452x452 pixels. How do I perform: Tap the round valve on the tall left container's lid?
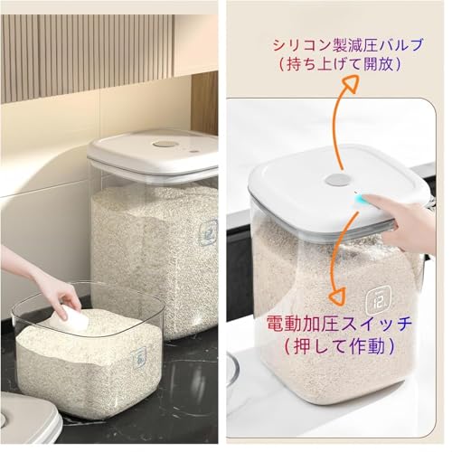tap(165, 144)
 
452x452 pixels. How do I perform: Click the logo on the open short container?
tap(140, 359)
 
